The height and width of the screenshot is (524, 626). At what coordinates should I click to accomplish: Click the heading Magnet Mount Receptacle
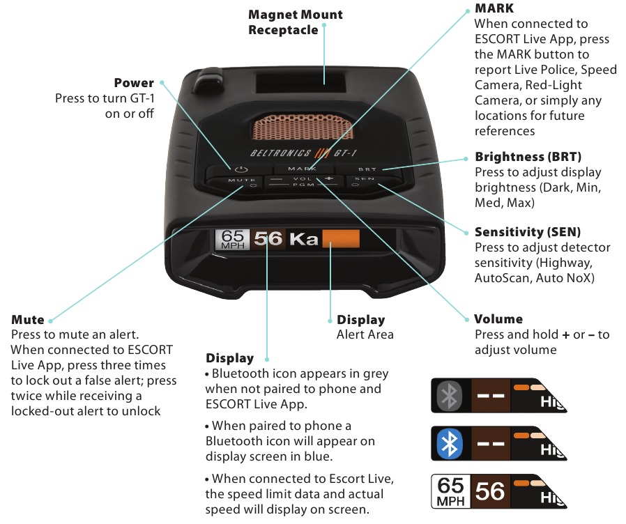(x=296, y=22)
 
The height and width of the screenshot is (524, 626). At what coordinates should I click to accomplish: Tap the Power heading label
(x=134, y=83)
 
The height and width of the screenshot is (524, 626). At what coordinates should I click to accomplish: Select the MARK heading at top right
(x=494, y=8)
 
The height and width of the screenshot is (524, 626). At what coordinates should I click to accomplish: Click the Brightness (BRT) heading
(x=528, y=157)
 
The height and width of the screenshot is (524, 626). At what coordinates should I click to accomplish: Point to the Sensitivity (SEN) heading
(x=528, y=232)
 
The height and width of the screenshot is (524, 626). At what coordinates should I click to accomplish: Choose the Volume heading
(x=498, y=319)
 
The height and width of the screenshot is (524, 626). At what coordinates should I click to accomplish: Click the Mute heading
(x=28, y=320)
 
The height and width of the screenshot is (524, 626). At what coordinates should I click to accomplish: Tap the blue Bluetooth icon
(x=450, y=444)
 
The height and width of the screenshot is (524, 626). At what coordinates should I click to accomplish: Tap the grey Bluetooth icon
(x=450, y=396)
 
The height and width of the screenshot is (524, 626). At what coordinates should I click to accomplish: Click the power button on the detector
(x=241, y=169)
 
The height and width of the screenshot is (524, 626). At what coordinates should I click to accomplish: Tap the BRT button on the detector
(x=367, y=169)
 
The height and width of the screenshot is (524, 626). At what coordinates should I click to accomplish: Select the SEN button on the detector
(x=365, y=182)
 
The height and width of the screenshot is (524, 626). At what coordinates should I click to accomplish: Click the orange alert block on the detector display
(x=341, y=238)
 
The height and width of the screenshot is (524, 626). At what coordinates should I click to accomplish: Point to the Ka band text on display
(x=304, y=239)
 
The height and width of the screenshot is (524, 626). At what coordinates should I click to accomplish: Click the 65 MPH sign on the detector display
(x=232, y=240)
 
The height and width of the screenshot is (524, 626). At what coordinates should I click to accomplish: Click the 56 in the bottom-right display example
(x=490, y=491)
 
